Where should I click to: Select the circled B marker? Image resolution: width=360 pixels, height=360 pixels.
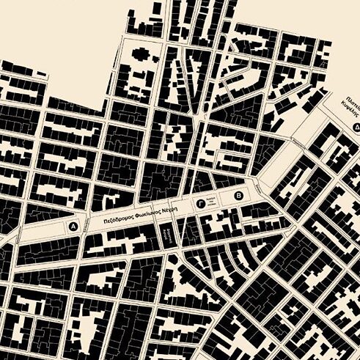tap(237, 196)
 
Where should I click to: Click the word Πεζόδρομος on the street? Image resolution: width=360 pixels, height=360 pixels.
tap(117, 218)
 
